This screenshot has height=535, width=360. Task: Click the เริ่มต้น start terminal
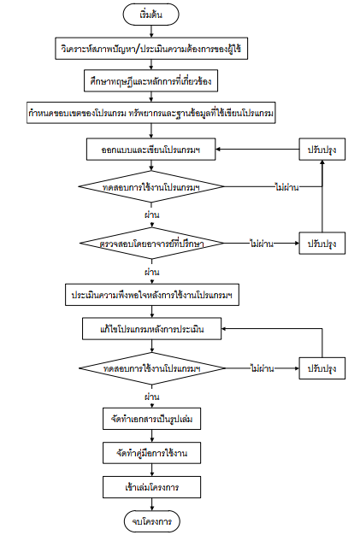(150, 15)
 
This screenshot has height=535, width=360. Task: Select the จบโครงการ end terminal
(152, 521)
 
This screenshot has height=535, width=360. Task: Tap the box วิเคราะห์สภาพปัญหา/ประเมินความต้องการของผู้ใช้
(151, 49)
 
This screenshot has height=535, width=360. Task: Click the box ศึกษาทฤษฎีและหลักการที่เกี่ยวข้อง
(150, 81)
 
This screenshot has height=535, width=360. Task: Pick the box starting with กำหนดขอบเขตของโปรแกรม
(151, 113)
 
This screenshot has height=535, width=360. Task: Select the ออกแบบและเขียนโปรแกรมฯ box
(150, 149)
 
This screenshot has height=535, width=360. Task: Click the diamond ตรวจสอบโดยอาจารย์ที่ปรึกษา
(152, 244)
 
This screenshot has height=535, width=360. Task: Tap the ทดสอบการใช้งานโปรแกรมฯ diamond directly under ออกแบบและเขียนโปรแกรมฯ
(151, 186)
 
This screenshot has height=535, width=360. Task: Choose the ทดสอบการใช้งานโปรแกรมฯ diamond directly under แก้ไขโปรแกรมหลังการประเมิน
(152, 368)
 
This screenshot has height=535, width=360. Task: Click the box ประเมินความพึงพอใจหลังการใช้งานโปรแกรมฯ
(152, 295)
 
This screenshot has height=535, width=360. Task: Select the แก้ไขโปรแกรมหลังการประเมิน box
(152, 329)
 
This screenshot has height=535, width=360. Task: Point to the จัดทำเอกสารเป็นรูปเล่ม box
(152, 419)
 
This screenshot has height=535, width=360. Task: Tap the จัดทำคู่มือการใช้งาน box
(152, 453)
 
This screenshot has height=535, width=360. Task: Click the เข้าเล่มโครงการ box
(152, 487)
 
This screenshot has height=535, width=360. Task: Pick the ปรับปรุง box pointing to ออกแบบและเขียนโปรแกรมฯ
(322, 149)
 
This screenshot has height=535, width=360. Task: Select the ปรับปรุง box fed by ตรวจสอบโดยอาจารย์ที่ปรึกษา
(322, 244)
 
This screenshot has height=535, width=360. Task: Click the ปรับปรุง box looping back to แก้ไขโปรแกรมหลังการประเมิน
(322, 368)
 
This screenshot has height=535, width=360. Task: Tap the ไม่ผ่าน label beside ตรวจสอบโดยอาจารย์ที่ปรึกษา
(262, 244)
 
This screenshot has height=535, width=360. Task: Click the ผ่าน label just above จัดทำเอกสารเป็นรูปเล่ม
(152, 397)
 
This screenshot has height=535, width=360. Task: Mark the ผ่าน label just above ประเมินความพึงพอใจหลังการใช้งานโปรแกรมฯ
(152, 272)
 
